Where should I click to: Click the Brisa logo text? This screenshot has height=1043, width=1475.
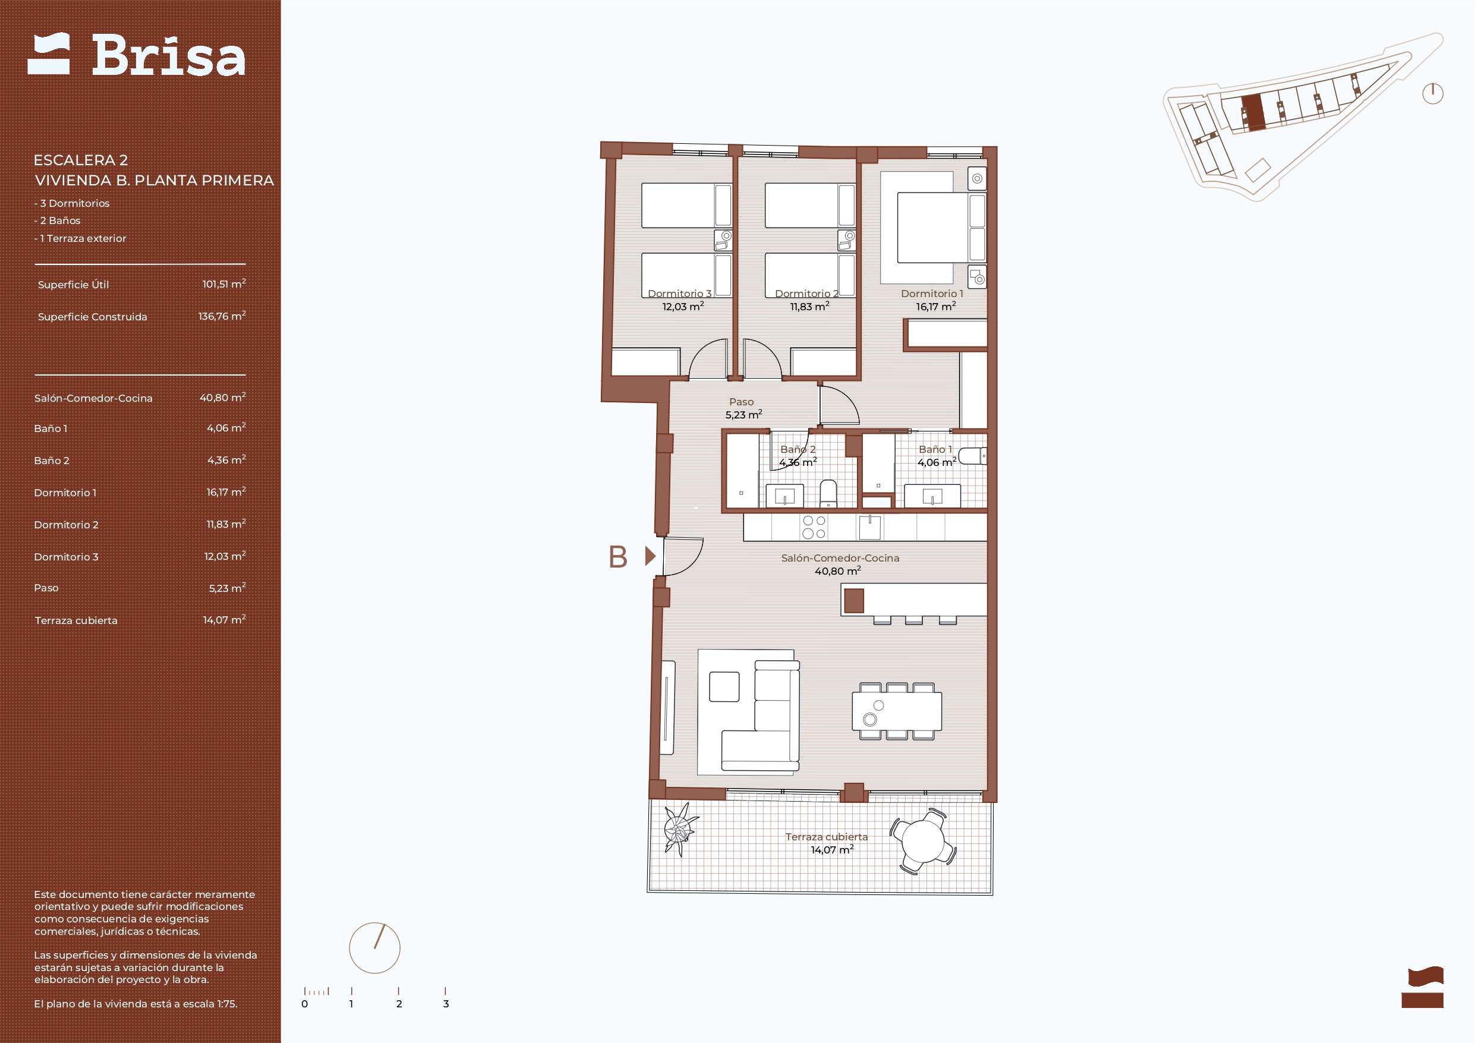[x=168, y=55]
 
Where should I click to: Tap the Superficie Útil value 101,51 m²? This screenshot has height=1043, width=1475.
[x=224, y=284]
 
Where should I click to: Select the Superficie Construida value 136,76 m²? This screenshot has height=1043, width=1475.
[x=222, y=316]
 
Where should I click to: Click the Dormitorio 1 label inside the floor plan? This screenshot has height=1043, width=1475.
[x=931, y=294]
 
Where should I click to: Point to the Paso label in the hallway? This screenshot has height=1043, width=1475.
[x=741, y=402]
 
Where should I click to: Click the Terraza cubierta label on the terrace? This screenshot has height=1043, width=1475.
[x=826, y=837]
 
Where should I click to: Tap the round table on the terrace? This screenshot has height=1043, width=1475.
[x=923, y=842]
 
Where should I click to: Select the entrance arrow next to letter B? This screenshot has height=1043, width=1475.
[x=650, y=556]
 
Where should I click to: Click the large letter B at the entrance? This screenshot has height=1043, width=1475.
[x=618, y=557]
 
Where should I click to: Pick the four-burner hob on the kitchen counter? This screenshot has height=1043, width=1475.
[x=814, y=528]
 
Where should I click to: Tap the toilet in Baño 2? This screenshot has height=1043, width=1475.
[x=829, y=493]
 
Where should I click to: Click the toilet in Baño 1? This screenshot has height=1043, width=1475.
[x=973, y=456]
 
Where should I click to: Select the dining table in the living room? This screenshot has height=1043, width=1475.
[x=897, y=711]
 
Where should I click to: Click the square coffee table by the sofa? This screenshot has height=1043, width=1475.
[x=724, y=686]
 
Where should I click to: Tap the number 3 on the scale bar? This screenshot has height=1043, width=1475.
[x=446, y=1004]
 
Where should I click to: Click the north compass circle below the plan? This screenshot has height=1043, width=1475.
[x=374, y=948]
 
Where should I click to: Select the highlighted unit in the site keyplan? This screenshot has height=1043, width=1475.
[x=1253, y=113]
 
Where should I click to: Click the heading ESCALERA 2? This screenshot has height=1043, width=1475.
[x=81, y=160]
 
